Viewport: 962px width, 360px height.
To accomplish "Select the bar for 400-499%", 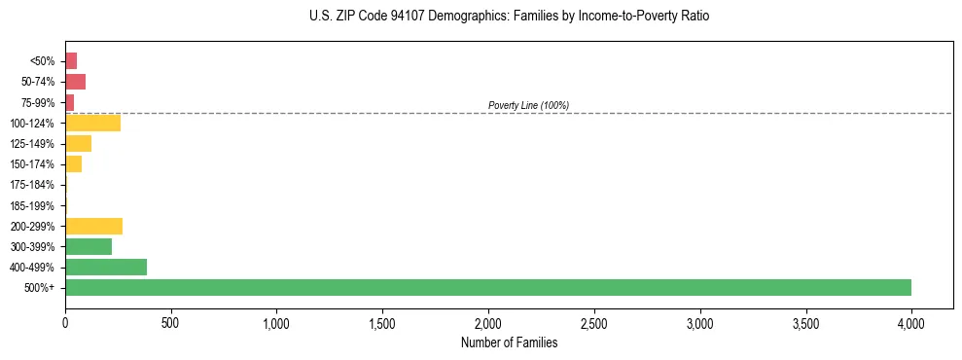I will [x=106, y=267].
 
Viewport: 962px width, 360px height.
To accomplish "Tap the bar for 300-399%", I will [x=89, y=246].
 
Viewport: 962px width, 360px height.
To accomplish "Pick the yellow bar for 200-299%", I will [x=93, y=226].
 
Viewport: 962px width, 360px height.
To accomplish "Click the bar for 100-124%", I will [x=92, y=123].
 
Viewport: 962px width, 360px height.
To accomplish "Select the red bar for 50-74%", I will [x=75, y=81].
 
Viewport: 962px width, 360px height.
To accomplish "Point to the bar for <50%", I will [x=71, y=60].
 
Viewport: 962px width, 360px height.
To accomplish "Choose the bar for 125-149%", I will [x=78, y=143].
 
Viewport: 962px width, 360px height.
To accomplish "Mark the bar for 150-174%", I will [x=73, y=163].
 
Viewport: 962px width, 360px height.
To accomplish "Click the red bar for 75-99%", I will [x=69, y=102].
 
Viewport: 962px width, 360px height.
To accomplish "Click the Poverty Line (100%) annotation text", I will [x=528, y=105].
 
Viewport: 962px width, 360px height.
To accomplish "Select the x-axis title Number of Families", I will [x=510, y=342].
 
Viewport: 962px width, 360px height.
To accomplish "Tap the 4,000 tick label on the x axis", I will [x=911, y=322].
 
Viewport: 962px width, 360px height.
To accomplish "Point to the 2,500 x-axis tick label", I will [x=594, y=322].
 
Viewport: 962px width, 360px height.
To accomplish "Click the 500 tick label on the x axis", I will [x=171, y=322].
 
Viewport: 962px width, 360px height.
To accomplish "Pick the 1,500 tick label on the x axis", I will [x=382, y=322].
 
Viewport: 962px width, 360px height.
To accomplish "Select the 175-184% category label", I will [x=33, y=185].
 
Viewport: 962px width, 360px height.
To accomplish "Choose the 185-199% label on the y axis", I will [x=33, y=205].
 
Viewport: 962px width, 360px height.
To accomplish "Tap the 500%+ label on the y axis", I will [x=40, y=288].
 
